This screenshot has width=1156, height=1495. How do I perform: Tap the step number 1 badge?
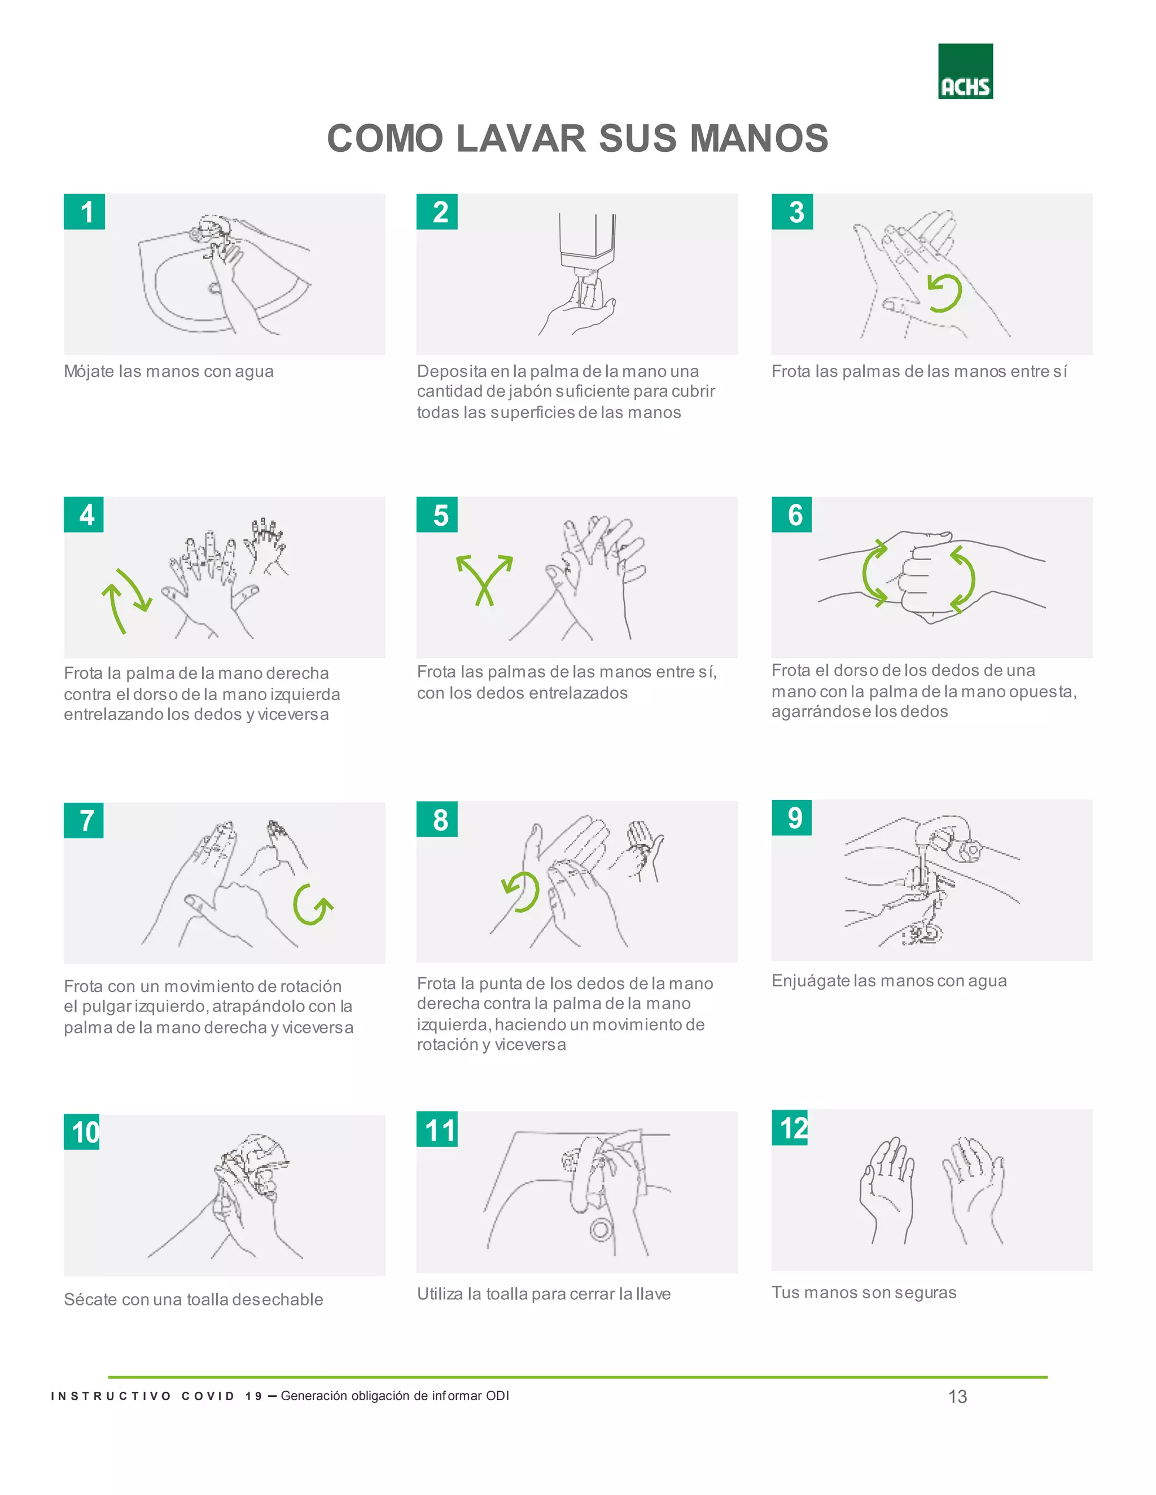(84, 212)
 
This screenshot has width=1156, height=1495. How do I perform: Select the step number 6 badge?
(792, 515)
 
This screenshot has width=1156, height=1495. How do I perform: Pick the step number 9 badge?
(792, 817)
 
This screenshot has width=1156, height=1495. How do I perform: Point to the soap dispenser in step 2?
(588, 256)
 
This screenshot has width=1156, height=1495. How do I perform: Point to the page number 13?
(957, 1396)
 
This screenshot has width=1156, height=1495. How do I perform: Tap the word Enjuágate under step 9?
(810, 981)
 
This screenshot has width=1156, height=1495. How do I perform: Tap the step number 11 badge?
(437, 1129)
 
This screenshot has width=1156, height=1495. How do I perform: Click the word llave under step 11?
(653, 1293)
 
